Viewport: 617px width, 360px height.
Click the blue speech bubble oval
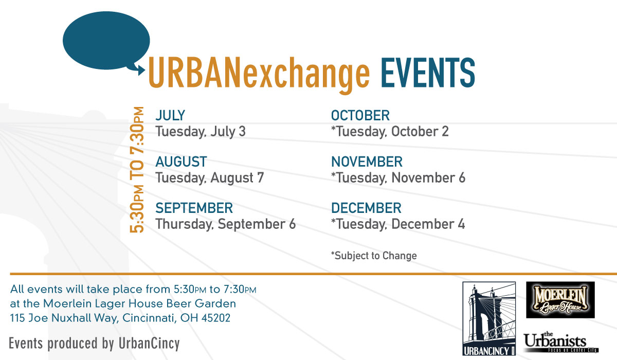pyautogui.click(x=106, y=40)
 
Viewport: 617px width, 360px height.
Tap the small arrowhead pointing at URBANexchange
pyautogui.click(x=141, y=70)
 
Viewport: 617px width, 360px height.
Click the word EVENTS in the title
pyautogui.click(x=428, y=73)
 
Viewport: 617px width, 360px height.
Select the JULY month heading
pyautogui.click(x=170, y=115)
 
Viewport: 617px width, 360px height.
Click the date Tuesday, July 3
pyautogui.click(x=201, y=131)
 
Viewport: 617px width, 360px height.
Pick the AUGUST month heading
pyautogui.click(x=181, y=161)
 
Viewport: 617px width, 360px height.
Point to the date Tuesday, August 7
pyautogui.click(x=210, y=177)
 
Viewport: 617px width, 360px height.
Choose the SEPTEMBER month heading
pyautogui.click(x=194, y=208)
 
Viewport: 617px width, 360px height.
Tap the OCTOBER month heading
pyautogui.click(x=360, y=115)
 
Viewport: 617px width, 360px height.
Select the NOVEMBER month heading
pyautogui.click(x=367, y=161)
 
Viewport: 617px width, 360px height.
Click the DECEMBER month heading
pyautogui.click(x=366, y=208)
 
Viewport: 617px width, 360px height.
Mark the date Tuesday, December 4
pyautogui.click(x=398, y=224)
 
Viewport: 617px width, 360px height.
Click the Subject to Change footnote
pyautogui.click(x=374, y=256)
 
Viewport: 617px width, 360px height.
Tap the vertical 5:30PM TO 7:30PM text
pyautogui.click(x=137, y=170)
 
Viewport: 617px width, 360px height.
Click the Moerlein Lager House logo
pyautogui.click(x=560, y=300)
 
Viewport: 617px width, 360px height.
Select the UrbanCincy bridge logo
pyautogui.click(x=489, y=319)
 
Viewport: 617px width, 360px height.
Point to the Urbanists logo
pyautogui.click(x=561, y=342)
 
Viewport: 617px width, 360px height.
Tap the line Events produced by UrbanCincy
pyautogui.click(x=94, y=344)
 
